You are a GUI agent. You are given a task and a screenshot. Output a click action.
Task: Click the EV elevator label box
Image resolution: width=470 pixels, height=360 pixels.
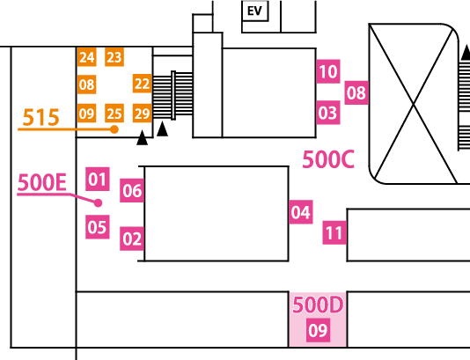254,11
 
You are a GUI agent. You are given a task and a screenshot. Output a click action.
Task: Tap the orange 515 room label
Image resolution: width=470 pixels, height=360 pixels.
40,117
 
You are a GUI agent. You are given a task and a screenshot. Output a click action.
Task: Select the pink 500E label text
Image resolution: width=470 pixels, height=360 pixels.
42,182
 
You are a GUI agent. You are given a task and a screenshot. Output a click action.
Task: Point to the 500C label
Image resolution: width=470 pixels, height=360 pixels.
328,159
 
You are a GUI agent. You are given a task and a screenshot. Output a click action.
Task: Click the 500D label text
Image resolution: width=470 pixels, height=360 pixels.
318,305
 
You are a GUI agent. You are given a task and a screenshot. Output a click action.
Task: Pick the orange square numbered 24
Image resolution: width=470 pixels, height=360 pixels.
86,56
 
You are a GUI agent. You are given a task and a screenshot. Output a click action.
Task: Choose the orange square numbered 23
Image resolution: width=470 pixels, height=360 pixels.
114,56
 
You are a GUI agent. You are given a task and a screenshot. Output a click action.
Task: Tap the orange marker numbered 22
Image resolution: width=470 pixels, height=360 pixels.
142,84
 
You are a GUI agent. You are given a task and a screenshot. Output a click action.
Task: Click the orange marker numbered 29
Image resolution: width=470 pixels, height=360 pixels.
142,114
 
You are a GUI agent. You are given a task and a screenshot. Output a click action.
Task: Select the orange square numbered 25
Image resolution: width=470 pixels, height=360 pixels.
114,114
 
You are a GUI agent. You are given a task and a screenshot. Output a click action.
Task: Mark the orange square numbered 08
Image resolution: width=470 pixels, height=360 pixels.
86,84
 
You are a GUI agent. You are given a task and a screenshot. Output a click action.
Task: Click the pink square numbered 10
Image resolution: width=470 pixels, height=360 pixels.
328,71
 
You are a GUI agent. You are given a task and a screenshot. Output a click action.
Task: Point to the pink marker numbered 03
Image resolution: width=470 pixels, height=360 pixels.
328,113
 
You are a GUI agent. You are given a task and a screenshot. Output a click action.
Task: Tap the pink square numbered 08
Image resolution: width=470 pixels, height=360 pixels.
356,92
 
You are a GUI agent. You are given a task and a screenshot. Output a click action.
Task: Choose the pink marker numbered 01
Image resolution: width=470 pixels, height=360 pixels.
98,179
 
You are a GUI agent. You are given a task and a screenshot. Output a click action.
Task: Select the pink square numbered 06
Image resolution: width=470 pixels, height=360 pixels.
132,190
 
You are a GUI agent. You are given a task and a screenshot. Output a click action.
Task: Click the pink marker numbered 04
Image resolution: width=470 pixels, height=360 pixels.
301,212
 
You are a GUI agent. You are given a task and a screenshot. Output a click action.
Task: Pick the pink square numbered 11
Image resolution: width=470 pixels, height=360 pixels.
334,232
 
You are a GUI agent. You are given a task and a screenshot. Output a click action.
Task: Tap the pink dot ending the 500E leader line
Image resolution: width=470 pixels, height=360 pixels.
98,203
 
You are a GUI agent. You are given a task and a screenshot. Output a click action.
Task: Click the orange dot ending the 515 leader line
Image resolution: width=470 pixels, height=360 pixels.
114,129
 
